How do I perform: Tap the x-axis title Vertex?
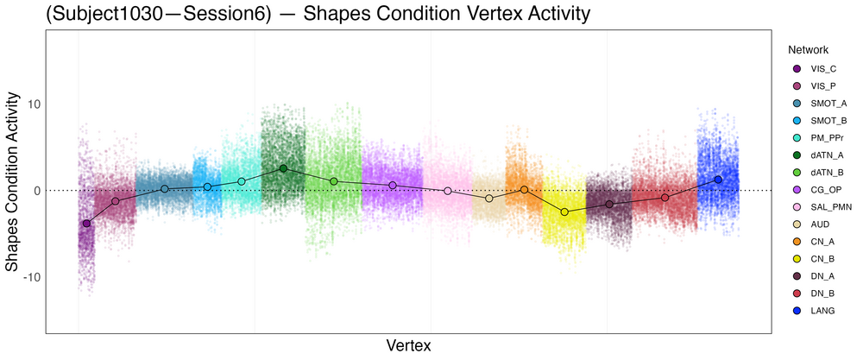pyautogui.click(x=408, y=345)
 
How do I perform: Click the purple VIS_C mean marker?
pyautogui.click(x=86, y=224)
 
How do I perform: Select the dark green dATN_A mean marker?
pyautogui.click(x=283, y=168)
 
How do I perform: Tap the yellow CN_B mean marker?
pyautogui.click(x=564, y=212)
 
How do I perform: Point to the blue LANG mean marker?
pyautogui.click(x=718, y=180)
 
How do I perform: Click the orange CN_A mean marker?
pyautogui.click(x=524, y=190)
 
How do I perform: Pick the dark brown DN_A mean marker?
pyautogui.click(x=609, y=205)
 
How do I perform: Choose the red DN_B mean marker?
pyautogui.click(x=665, y=198)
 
